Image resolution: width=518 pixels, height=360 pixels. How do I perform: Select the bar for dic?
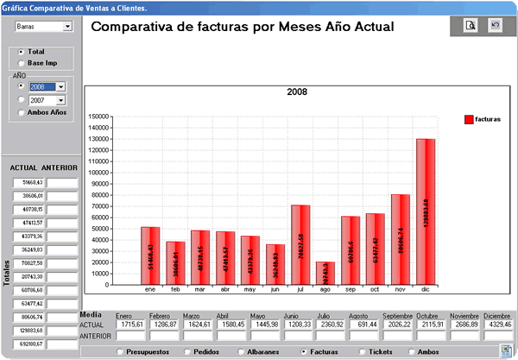pos(426,212)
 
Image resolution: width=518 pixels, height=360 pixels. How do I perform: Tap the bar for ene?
pos(150,256)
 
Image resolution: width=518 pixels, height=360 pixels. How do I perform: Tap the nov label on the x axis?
pos(400,291)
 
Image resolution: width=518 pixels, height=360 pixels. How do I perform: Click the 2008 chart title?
pos(297,92)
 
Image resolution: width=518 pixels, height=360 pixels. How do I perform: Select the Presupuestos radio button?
pos(120,352)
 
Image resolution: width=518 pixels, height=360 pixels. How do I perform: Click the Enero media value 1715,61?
pos(130,325)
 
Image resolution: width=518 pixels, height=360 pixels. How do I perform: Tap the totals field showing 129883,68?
pos(28,331)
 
